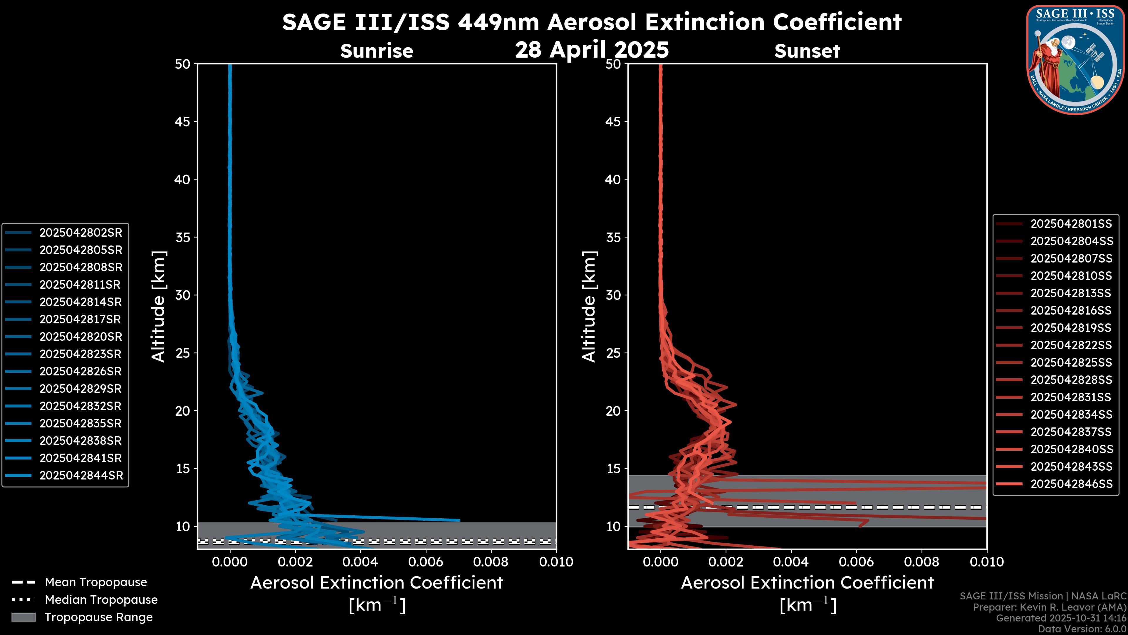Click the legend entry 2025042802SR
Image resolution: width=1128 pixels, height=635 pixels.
[80, 233]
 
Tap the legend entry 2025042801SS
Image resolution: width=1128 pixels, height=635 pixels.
[1071, 224]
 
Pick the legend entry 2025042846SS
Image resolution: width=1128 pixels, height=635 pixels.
[1071, 484]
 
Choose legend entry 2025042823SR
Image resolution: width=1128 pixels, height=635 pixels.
[80, 354]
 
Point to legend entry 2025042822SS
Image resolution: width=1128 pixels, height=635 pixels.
[1071, 345]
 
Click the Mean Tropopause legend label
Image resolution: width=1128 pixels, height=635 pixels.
[95, 582]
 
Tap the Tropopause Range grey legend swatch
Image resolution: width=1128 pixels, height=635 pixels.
[23, 617]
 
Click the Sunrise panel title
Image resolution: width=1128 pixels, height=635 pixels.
[377, 51]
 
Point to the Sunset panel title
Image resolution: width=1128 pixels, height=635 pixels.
[807, 51]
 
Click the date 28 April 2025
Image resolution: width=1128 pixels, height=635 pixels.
[592, 49]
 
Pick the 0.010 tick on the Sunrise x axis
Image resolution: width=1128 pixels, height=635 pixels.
[556, 562]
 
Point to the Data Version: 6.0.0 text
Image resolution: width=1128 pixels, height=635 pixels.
[1082, 629]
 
